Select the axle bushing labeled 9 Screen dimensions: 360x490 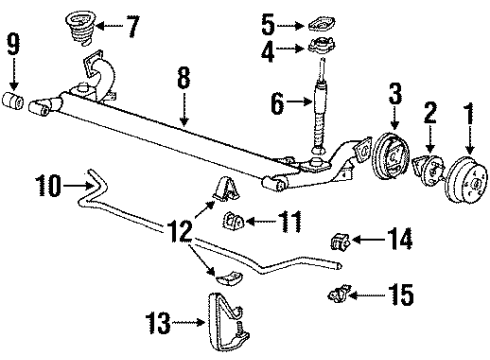[15, 101]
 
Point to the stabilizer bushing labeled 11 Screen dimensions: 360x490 [233, 220]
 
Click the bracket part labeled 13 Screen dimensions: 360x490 [227, 315]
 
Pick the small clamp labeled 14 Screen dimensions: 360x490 [337, 240]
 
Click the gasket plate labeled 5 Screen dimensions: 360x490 [320, 21]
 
